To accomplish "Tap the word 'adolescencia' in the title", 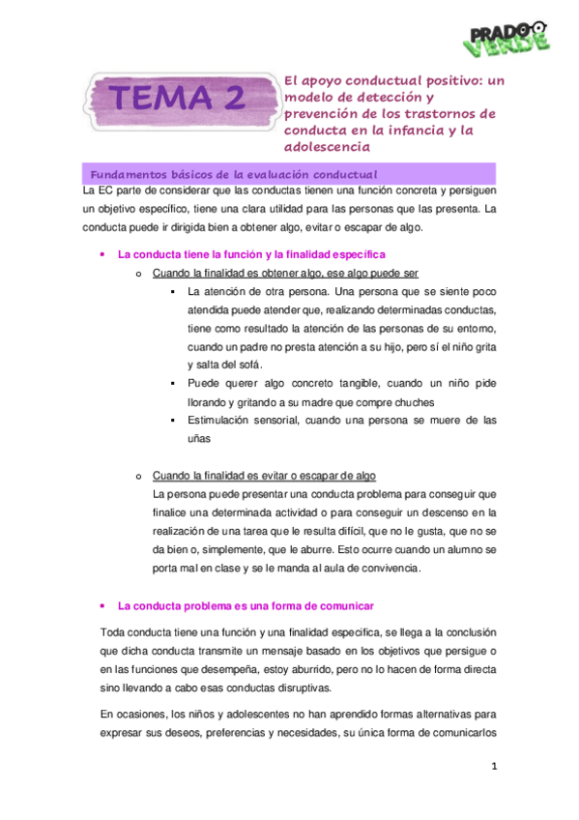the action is click(x=327, y=146).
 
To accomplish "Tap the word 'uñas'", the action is click(x=200, y=438).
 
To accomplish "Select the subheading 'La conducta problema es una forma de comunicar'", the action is click(x=246, y=605).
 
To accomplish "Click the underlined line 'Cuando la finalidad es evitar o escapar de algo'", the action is click(x=264, y=476).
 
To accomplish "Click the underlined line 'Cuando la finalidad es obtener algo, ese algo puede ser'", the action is click(x=285, y=273).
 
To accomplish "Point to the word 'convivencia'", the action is click(x=386, y=568).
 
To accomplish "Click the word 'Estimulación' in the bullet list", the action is click(x=221, y=420).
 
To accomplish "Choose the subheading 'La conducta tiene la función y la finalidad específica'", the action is click(x=251, y=254).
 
